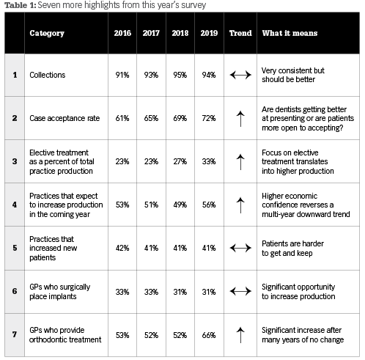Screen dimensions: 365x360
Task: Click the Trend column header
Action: (x=240, y=33)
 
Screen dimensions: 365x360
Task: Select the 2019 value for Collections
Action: (x=209, y=75)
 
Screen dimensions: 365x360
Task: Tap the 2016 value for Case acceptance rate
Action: (x=122, y=118)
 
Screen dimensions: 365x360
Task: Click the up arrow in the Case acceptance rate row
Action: (x=240, y=119)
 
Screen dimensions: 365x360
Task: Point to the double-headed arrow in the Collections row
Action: (x=240, y=75)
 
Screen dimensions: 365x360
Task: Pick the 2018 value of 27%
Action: (x=180, y=161)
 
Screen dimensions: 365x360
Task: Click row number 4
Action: (x=15, y=205)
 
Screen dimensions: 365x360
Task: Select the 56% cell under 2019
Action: (x=209, y=205)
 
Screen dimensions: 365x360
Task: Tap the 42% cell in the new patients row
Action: (x=122, y=248)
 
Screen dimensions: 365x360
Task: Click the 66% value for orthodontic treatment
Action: (x=209, y=335)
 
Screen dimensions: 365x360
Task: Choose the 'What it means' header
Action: (x=290, y=33)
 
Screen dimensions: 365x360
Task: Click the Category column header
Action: (x=47, y=33)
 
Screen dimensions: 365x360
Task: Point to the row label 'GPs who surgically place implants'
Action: (x=60, y=292)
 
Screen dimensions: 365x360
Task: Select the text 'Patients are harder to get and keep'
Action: (x=292, y=249)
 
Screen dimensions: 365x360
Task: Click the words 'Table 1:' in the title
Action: (x=21, y=5)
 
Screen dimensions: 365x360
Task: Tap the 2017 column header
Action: (x=151, y=33)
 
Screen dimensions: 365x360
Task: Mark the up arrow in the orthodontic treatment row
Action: (x=240, y=335)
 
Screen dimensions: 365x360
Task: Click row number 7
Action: (x=15, y=334)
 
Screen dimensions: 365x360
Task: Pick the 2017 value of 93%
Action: (x=151, y=75)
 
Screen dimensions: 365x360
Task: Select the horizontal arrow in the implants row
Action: (x=240, y=291)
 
